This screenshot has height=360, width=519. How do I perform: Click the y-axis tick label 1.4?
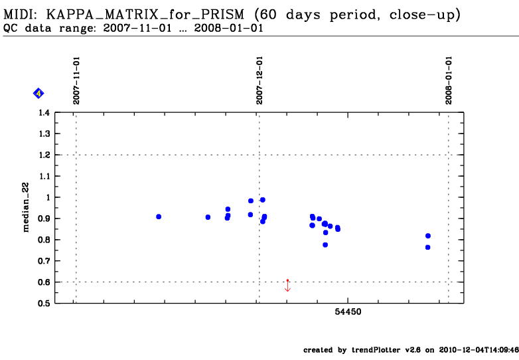point(44,113)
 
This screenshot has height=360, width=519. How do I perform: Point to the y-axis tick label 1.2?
point(44,155)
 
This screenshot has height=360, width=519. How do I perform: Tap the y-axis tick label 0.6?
point(44,282)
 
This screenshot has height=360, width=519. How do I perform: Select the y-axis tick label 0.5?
point(44,304)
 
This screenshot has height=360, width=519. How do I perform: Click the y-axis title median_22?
point(27,209)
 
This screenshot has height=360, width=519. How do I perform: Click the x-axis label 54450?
point(348,312)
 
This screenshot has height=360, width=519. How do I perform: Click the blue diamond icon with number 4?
point(38,94)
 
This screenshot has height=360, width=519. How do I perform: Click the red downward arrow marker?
point(287,286)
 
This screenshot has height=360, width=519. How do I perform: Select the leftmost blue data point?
point(159,217)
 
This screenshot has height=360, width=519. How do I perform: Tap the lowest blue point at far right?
point(428,247)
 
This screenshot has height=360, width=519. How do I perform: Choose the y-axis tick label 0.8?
point(44,240)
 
